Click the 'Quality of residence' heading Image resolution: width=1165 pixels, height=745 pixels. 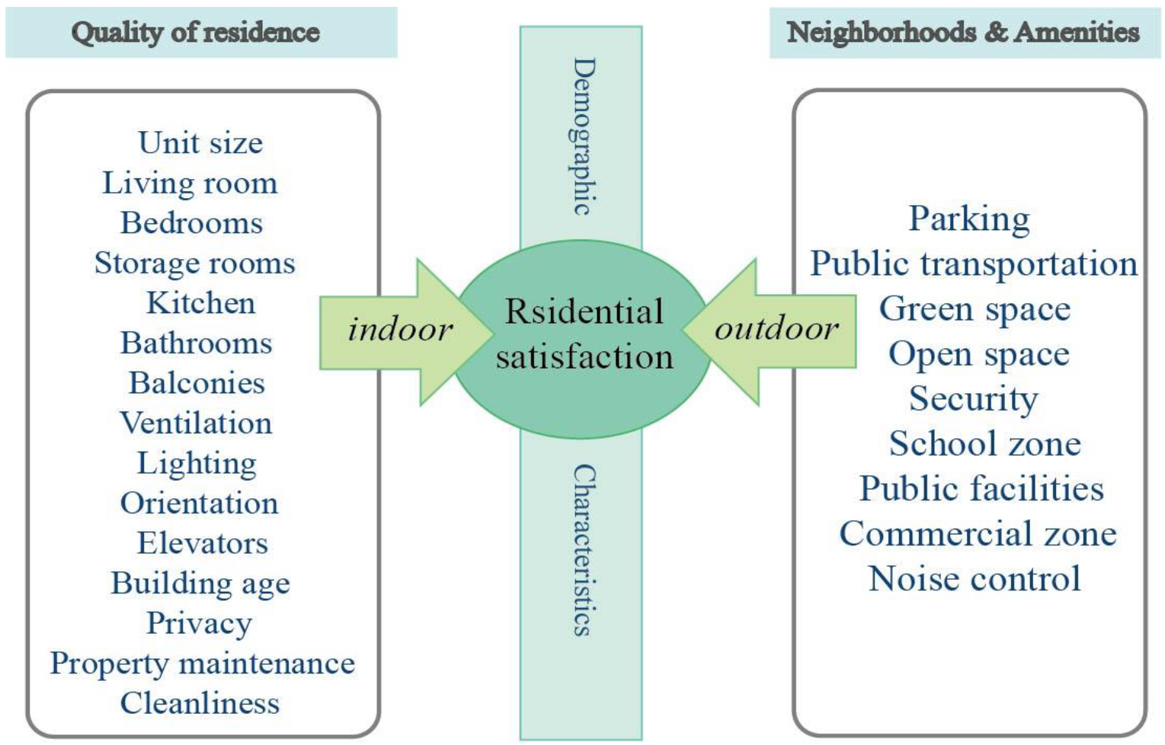pos(196,32)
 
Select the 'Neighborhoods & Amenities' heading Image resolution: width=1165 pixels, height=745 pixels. pos(963,32)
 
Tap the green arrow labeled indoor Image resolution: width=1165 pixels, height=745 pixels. pos(400,330)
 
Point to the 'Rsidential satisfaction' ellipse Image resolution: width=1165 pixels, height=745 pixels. pos(584,335)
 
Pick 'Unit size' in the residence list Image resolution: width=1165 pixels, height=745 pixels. pos(200,142)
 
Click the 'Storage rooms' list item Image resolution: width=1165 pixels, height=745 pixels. pos(194,263)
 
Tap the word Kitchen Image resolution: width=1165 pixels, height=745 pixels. pos(200,303)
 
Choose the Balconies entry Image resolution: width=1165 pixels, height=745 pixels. pos(197,383)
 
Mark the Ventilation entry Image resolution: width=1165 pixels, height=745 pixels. pos(196,423)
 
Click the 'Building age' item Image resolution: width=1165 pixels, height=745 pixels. pos(200,584)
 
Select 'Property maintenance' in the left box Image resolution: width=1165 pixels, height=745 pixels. pos(203,663)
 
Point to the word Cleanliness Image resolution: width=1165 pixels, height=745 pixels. pos(200,703)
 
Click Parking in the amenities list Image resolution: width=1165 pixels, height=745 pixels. pos(969,219)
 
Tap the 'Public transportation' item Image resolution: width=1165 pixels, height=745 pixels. pos(974,264)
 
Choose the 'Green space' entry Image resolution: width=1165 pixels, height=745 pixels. pos(975,309)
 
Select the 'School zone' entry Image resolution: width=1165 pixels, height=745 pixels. pos(984,444)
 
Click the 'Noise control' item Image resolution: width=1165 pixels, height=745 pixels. pos(975,579)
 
